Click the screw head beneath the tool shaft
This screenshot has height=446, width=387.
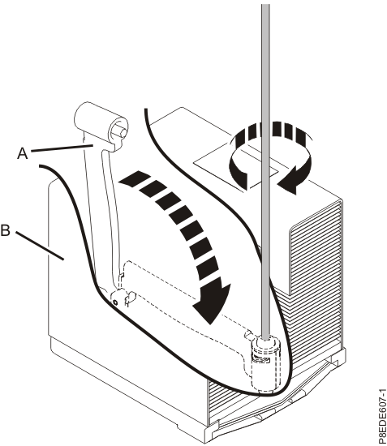pos(265,350)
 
